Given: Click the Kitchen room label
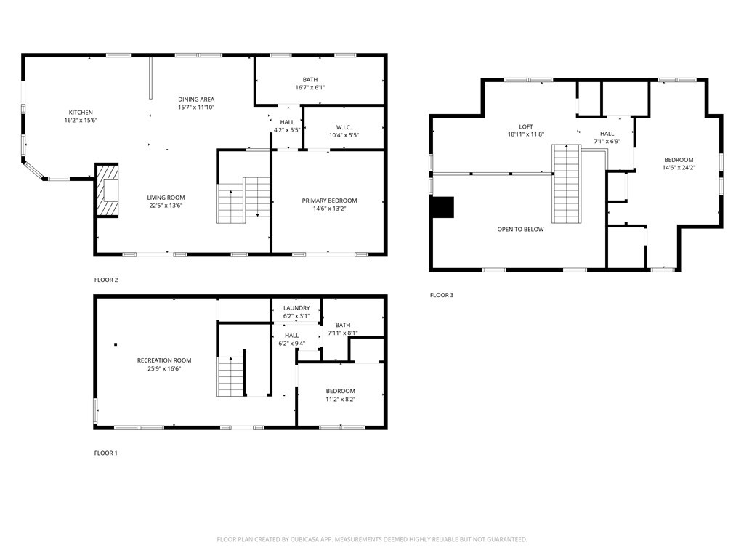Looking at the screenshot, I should coord(81,112).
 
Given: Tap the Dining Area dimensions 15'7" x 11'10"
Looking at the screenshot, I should coord(196,108).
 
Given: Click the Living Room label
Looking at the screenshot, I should coord(166,198).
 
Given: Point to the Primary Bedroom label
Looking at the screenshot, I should coord(329,201).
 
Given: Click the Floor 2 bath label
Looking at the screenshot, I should coord(310,80).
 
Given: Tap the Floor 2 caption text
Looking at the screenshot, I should coord(105,280).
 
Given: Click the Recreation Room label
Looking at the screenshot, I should coord(164,360).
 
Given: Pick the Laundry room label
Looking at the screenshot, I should coord(296,308).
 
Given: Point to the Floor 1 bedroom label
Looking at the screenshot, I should coord(340,391).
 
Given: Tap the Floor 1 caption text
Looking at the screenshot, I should coord(105,453).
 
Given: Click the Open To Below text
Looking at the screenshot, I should coord(519,229).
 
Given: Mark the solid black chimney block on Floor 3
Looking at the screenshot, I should coord(442,207).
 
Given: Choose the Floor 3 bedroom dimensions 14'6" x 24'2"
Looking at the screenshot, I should coord(678,168).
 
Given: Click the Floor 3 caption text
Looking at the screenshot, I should coord(441,295).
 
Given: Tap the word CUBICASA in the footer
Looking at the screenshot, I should coord(308,539).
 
